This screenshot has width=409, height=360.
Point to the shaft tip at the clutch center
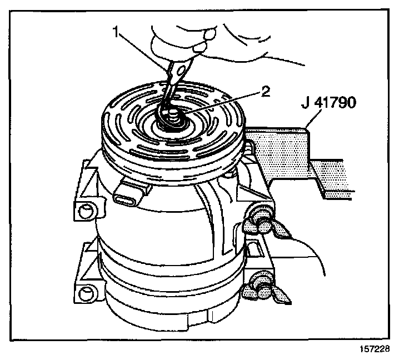172,116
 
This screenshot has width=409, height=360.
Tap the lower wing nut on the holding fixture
261,284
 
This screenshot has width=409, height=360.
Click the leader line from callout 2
222,102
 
